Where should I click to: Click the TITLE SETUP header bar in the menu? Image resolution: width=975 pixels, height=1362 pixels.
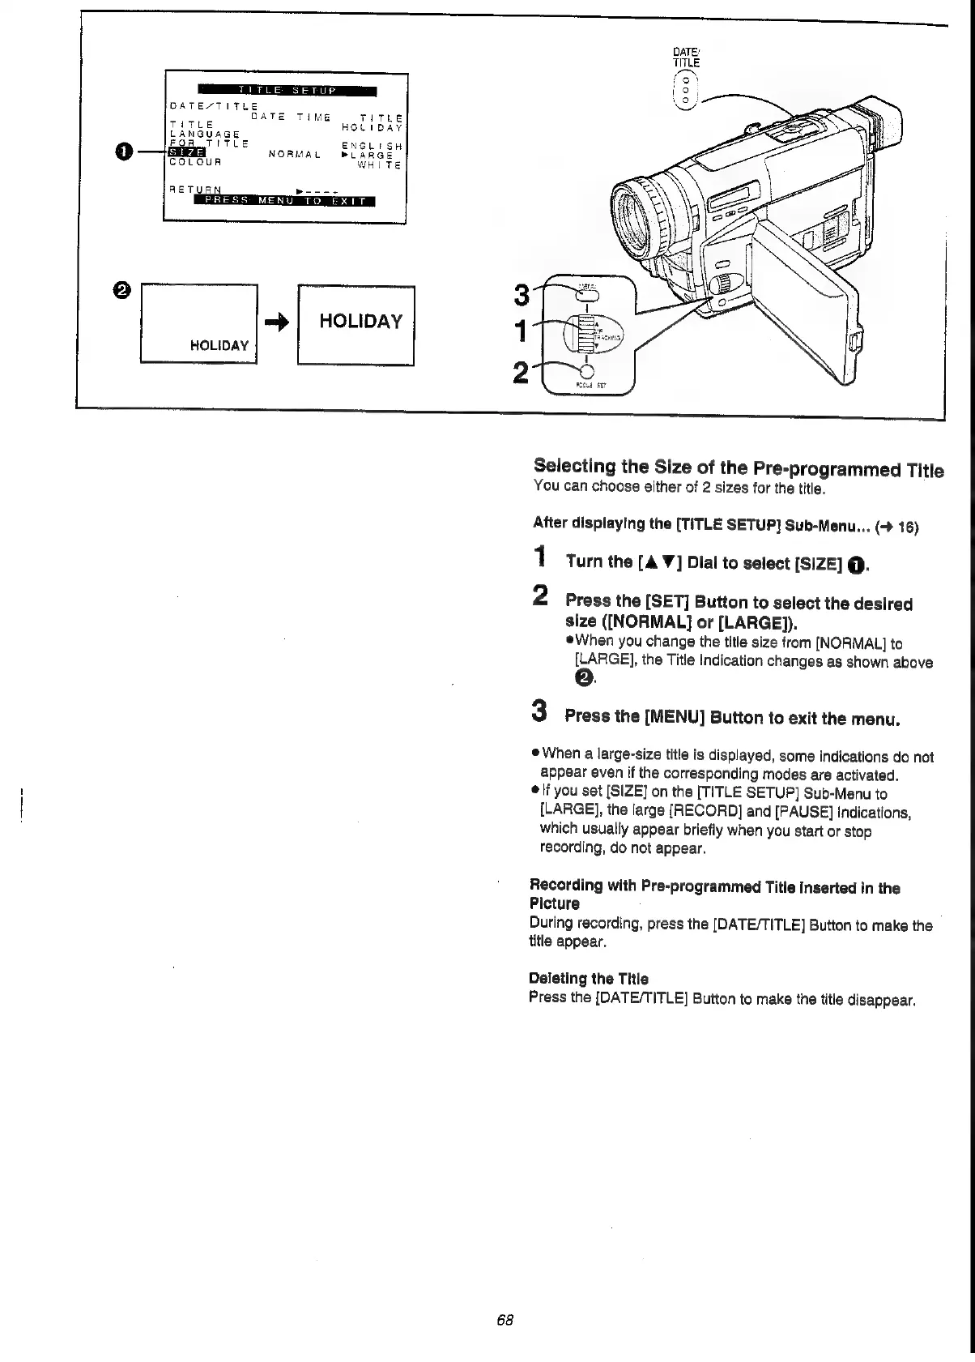[x=287, y=90]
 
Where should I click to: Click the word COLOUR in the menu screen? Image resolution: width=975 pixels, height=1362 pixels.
[x=194, y=161]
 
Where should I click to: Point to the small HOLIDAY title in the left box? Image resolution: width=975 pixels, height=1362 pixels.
[x=219, y=345]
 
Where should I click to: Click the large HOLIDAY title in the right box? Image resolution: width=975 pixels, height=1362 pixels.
[x=360, y=322]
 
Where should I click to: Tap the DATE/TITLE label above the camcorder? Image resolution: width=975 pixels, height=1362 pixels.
[x=687, y=58]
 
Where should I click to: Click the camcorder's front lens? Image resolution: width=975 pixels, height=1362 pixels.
[x=640, y=216]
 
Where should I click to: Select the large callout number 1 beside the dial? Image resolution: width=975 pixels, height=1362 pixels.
[x=523, y=332]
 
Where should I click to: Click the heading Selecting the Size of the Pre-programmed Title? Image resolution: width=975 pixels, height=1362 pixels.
[x=739, y=468]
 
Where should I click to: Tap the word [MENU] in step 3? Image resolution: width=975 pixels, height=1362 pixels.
[x=674, y=717]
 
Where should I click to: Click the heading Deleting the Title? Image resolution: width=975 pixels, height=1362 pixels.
[x=588, y=979]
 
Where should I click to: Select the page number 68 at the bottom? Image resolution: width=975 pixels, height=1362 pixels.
[x=505, y=1319]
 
